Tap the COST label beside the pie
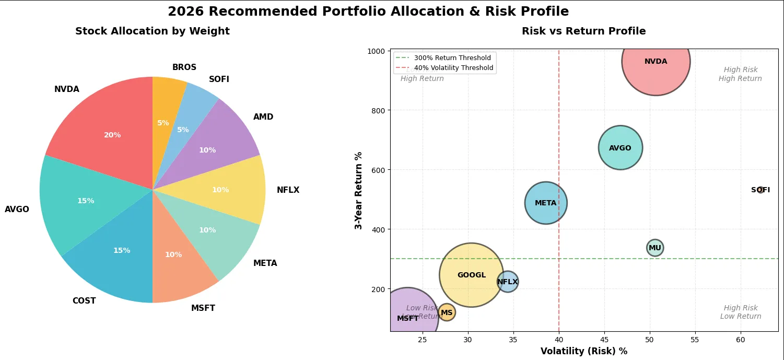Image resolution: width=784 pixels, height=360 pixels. coord(84,301)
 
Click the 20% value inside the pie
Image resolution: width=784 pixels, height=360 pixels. coord(112,135)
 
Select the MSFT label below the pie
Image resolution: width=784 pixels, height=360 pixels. coord(203,308)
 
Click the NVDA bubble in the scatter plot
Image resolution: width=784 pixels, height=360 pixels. coord(656,61)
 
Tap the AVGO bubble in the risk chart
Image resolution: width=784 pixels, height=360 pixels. coord(621,148)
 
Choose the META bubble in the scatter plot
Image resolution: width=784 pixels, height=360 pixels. coord(546,203)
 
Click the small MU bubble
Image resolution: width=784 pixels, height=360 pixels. coord(655,248)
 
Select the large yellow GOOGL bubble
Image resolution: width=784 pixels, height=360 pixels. coord(472,275)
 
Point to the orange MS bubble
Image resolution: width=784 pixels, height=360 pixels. coord(447,312)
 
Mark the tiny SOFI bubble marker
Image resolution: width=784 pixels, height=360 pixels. coord(761,190)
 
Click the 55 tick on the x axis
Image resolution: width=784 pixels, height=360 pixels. coord(695,340)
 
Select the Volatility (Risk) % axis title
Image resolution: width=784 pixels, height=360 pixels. coord(583,351)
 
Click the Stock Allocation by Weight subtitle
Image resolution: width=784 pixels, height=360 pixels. coord(153,31)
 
